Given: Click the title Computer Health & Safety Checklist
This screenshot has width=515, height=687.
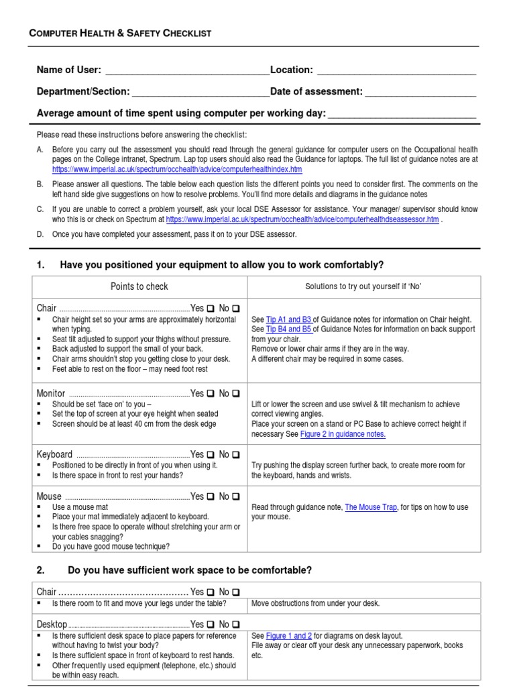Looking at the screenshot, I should (x=120, y=33).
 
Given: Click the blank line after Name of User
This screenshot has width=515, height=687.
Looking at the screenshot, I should (x=187, y=70).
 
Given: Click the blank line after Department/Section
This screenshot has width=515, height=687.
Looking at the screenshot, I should (x=200, y=92).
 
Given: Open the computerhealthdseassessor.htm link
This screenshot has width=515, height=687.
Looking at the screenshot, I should (x=302, y=219).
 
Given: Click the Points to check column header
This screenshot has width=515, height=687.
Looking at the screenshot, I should (x=139, y=286).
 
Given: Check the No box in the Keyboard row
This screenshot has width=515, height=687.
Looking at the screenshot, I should (x=236, y=455).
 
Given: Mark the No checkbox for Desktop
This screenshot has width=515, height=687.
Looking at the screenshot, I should (x=236, y=625).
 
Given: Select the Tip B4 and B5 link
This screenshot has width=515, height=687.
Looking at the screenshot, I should (x=289, y=329).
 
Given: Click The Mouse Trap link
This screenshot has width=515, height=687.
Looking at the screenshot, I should (x=371, y=507).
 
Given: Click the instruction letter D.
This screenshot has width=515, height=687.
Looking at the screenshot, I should (x=40, y=235).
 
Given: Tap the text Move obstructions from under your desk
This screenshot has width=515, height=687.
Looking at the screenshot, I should (x=315, y=603).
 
